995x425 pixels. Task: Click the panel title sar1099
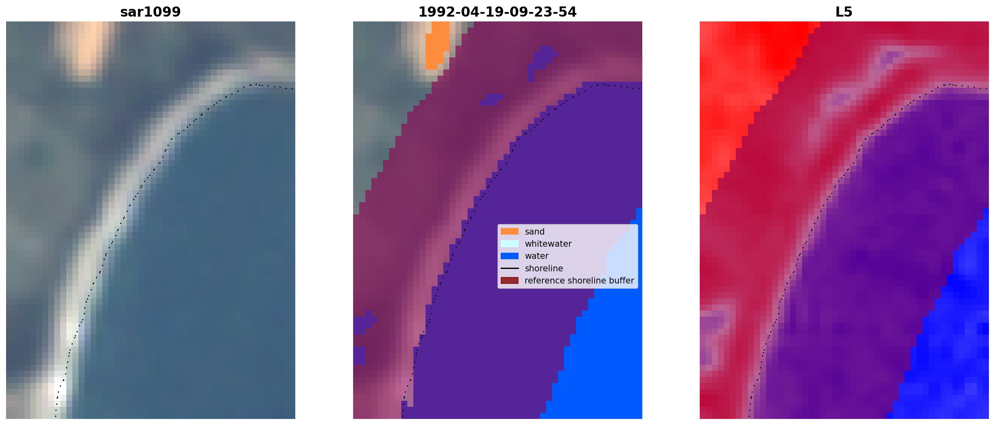[x=150, y=12]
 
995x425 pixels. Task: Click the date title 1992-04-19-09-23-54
[x=497, y=12]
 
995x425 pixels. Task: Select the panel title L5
[x=844, y=12]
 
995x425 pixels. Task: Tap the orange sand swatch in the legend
[x=509, y=231]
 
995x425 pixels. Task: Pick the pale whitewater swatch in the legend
[x=509, y=243]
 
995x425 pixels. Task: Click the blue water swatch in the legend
[x=509, y=256]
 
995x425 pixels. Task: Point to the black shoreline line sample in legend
[x=509, y=268]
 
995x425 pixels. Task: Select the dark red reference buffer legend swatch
[x=509, y=280]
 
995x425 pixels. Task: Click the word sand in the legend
[x=535, y=232]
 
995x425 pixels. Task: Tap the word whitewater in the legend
[x=548, y=244]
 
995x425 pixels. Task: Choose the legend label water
[x=537, y=256]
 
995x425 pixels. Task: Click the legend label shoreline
[x=544, y=268]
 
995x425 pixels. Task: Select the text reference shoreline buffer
[x=579, y=281]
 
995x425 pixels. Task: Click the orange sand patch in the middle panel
[x=437, y=44]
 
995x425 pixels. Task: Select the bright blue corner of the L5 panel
[x=951, y=344]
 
